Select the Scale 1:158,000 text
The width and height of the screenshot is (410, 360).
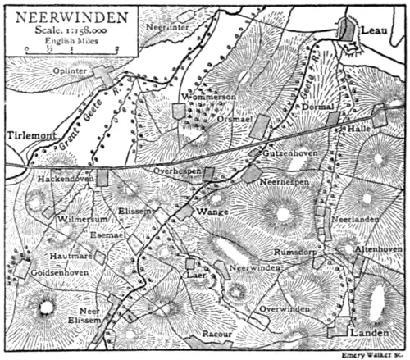point(71,29)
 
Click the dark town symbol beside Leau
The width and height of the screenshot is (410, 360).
point(348,30)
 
